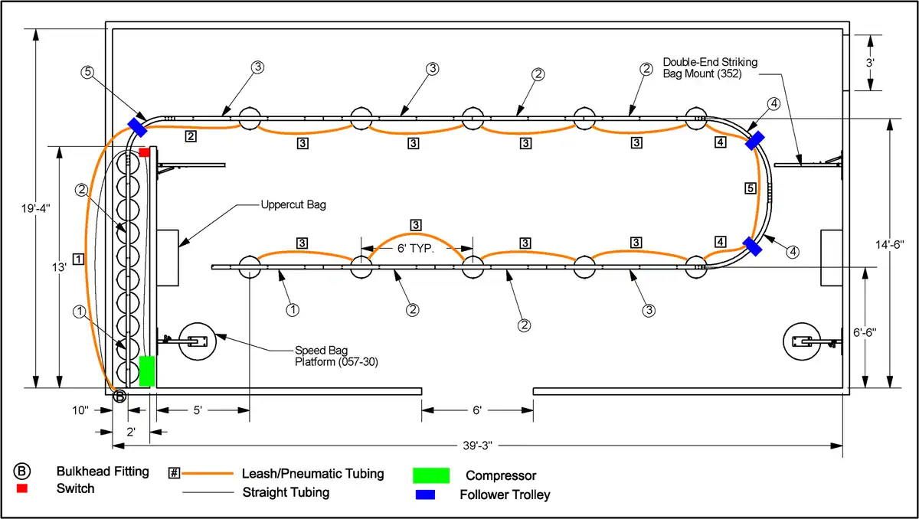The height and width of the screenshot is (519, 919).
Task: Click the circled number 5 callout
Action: tap(88, 73)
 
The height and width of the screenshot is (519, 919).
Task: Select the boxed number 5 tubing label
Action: tap(750, 188)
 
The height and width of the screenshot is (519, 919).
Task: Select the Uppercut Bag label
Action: tap(293, 205)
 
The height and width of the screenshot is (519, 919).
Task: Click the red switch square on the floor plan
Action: tap(144, 152)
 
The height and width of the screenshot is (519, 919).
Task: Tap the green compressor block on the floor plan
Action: tap(147, 371)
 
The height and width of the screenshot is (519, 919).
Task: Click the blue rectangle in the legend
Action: tap(424, 495)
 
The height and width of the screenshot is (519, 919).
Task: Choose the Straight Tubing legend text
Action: tap(286, 492)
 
